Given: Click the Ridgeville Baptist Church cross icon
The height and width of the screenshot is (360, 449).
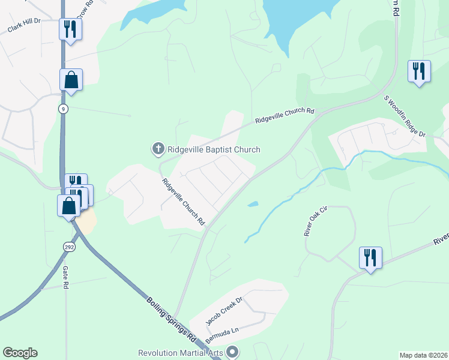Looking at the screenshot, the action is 158,148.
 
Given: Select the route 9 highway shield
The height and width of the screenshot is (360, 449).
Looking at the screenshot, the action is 63,109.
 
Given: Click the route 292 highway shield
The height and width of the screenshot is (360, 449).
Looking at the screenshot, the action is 68,247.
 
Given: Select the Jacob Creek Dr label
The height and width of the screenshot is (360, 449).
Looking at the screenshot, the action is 224,310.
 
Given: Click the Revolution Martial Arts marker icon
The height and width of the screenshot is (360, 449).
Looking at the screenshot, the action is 234,352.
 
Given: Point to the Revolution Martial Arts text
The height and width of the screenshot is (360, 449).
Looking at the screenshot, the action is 181,353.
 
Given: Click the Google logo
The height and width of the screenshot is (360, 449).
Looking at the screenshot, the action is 20,353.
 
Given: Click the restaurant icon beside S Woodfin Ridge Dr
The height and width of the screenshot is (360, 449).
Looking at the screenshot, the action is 418,71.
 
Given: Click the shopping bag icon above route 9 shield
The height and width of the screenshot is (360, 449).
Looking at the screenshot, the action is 71,80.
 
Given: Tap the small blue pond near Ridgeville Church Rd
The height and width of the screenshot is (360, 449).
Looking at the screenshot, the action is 253,204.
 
